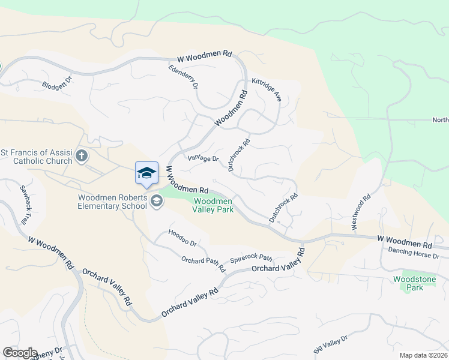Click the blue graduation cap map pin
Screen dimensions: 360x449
[146, 173]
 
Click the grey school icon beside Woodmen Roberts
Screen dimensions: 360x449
[157, 201]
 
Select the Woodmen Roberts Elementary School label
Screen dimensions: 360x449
[112, 202]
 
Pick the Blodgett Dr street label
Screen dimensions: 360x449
[57, 85]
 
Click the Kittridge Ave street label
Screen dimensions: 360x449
[267, 89]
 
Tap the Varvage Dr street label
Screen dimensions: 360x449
[202, 158]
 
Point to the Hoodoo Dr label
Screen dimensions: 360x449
[182, 238]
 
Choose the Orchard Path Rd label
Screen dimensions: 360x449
[203, 263]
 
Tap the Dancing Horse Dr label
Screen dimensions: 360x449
[414, 253]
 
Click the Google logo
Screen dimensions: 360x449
[19, 353]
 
